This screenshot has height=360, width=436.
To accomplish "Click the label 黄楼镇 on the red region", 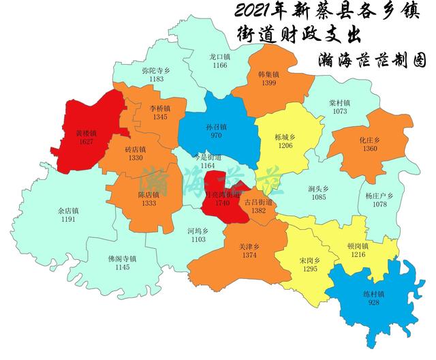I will (x=86, y=134).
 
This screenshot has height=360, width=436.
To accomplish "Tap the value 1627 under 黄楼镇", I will (x=86, y=142).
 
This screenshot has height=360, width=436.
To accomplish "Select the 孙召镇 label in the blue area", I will (x=216, y=127).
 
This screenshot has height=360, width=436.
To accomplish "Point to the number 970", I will (x=216, y=136).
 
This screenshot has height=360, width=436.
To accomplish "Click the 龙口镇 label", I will (x=219, y=57).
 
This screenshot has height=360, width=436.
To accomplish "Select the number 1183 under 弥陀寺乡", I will (x=157, y=79).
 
